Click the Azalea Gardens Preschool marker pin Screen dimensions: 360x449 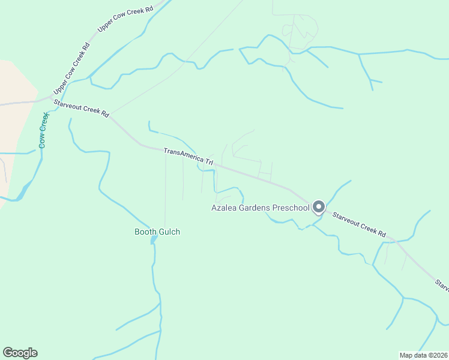point(318,207)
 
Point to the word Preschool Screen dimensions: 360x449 point(291,208)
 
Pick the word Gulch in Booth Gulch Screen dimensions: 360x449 point(168,232)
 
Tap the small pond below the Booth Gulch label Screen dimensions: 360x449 point(154,239)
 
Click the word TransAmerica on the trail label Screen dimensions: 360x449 point(184,156)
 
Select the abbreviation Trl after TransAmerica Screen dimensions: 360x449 point(209,162)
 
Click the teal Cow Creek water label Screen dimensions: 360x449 point(43,131)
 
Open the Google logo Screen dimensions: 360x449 point(20,353)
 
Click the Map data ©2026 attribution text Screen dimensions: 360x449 point(424,355)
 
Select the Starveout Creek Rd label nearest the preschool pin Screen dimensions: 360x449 point(360,224)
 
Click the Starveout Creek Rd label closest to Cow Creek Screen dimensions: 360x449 point(81,108)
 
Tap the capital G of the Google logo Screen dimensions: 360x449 point(8,353)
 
